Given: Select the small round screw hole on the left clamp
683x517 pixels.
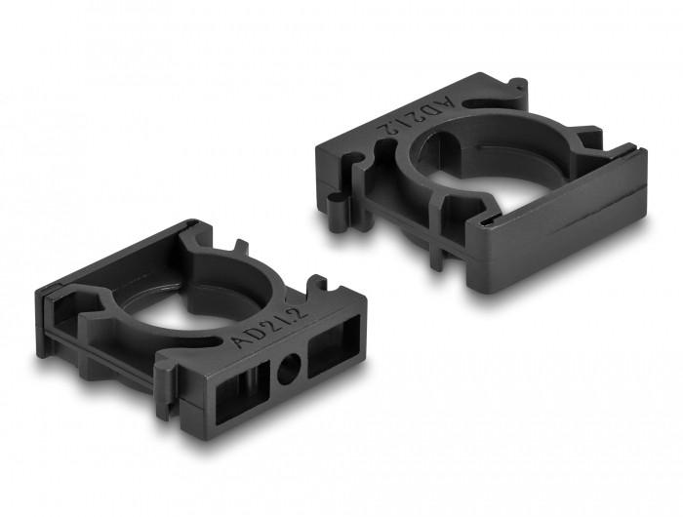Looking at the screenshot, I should [x=288, y=370].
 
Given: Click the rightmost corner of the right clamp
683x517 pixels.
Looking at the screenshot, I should [x=645, y=156].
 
